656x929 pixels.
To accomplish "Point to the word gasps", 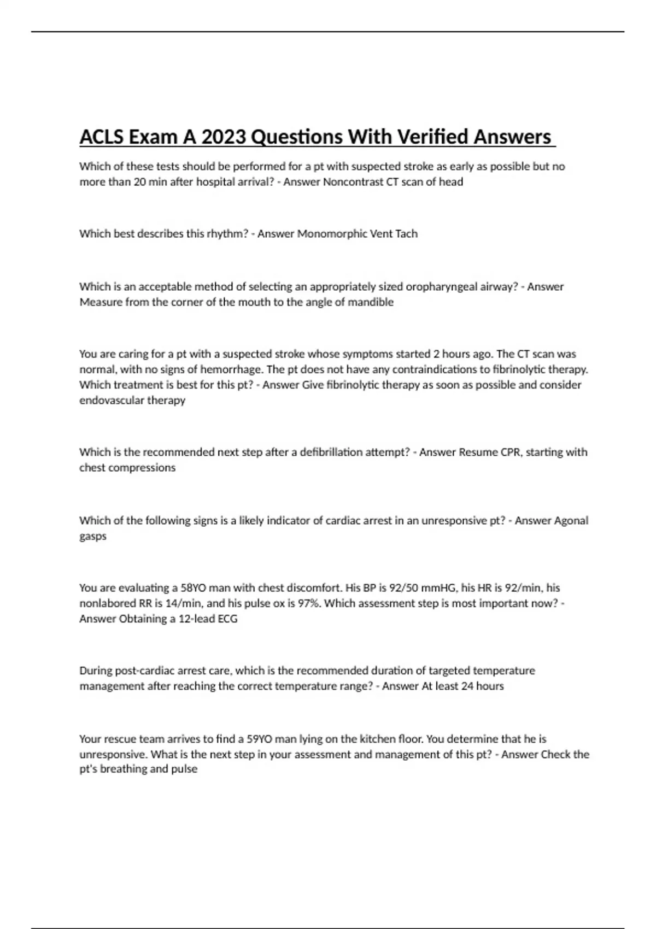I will click(92, 536).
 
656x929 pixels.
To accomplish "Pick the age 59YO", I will click(259, 739).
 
